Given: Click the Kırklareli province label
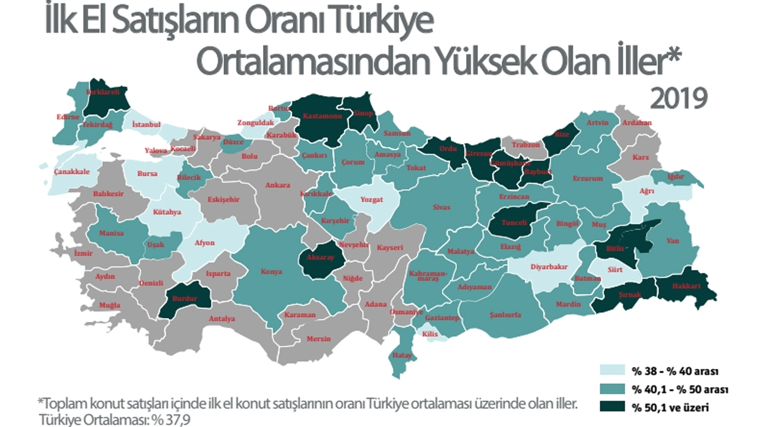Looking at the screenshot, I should tap(104, 93).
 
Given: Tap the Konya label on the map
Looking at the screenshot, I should tap(273, 272).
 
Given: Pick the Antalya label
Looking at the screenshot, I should tap(221, 318).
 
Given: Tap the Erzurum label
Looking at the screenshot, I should tap(588, 178).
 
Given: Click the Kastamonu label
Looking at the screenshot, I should tap(321, 117).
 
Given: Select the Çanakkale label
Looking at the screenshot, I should tap(71, 172).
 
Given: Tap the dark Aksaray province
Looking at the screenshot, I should tap(321, 259).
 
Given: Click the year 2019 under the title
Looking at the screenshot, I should tap(679, 98).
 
